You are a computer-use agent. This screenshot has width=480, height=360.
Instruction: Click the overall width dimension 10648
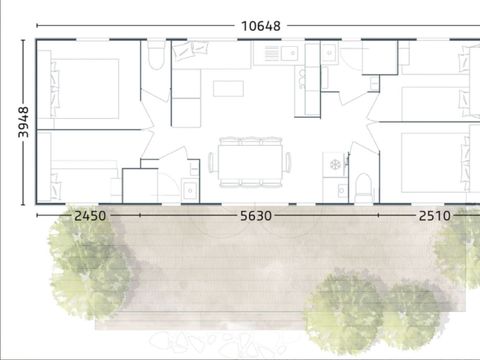(x=261, y=26)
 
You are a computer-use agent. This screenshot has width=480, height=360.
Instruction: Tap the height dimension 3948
(x=23, y=122)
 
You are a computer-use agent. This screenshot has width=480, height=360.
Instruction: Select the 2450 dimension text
(x=90, y=216)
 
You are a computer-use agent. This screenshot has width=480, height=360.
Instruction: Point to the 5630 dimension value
(x=256, y=216)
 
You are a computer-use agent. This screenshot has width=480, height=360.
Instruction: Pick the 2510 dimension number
(x=435, y=216)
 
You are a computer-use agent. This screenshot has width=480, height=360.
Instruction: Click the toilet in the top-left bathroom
(x=156, y=55)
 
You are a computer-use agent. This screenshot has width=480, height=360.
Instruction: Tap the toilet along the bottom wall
(x=363, y=188)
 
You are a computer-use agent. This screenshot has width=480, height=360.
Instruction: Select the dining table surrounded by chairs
(x=251, y=162)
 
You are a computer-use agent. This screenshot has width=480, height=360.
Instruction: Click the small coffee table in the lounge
(x=228, y=88)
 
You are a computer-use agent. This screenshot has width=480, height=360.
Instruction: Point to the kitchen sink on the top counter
(x=289, y=53)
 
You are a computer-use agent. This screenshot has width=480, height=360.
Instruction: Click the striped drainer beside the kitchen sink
(x=272, y=53)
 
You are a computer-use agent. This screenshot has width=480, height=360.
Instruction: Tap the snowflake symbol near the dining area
(x=335, y=164)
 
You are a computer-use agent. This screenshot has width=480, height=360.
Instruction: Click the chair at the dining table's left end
(x=211, y=162)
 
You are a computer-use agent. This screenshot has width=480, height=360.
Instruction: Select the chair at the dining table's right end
(x=287, y=162)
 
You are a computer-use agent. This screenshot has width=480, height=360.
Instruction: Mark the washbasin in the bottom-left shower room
(x=190, y=190)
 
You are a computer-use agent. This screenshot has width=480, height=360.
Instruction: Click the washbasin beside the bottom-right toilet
(x=342, y=191)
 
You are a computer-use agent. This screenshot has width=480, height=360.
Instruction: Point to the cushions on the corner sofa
(x=190, y=50)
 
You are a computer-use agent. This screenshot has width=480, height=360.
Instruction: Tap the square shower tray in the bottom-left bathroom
(x=140, y=186)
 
